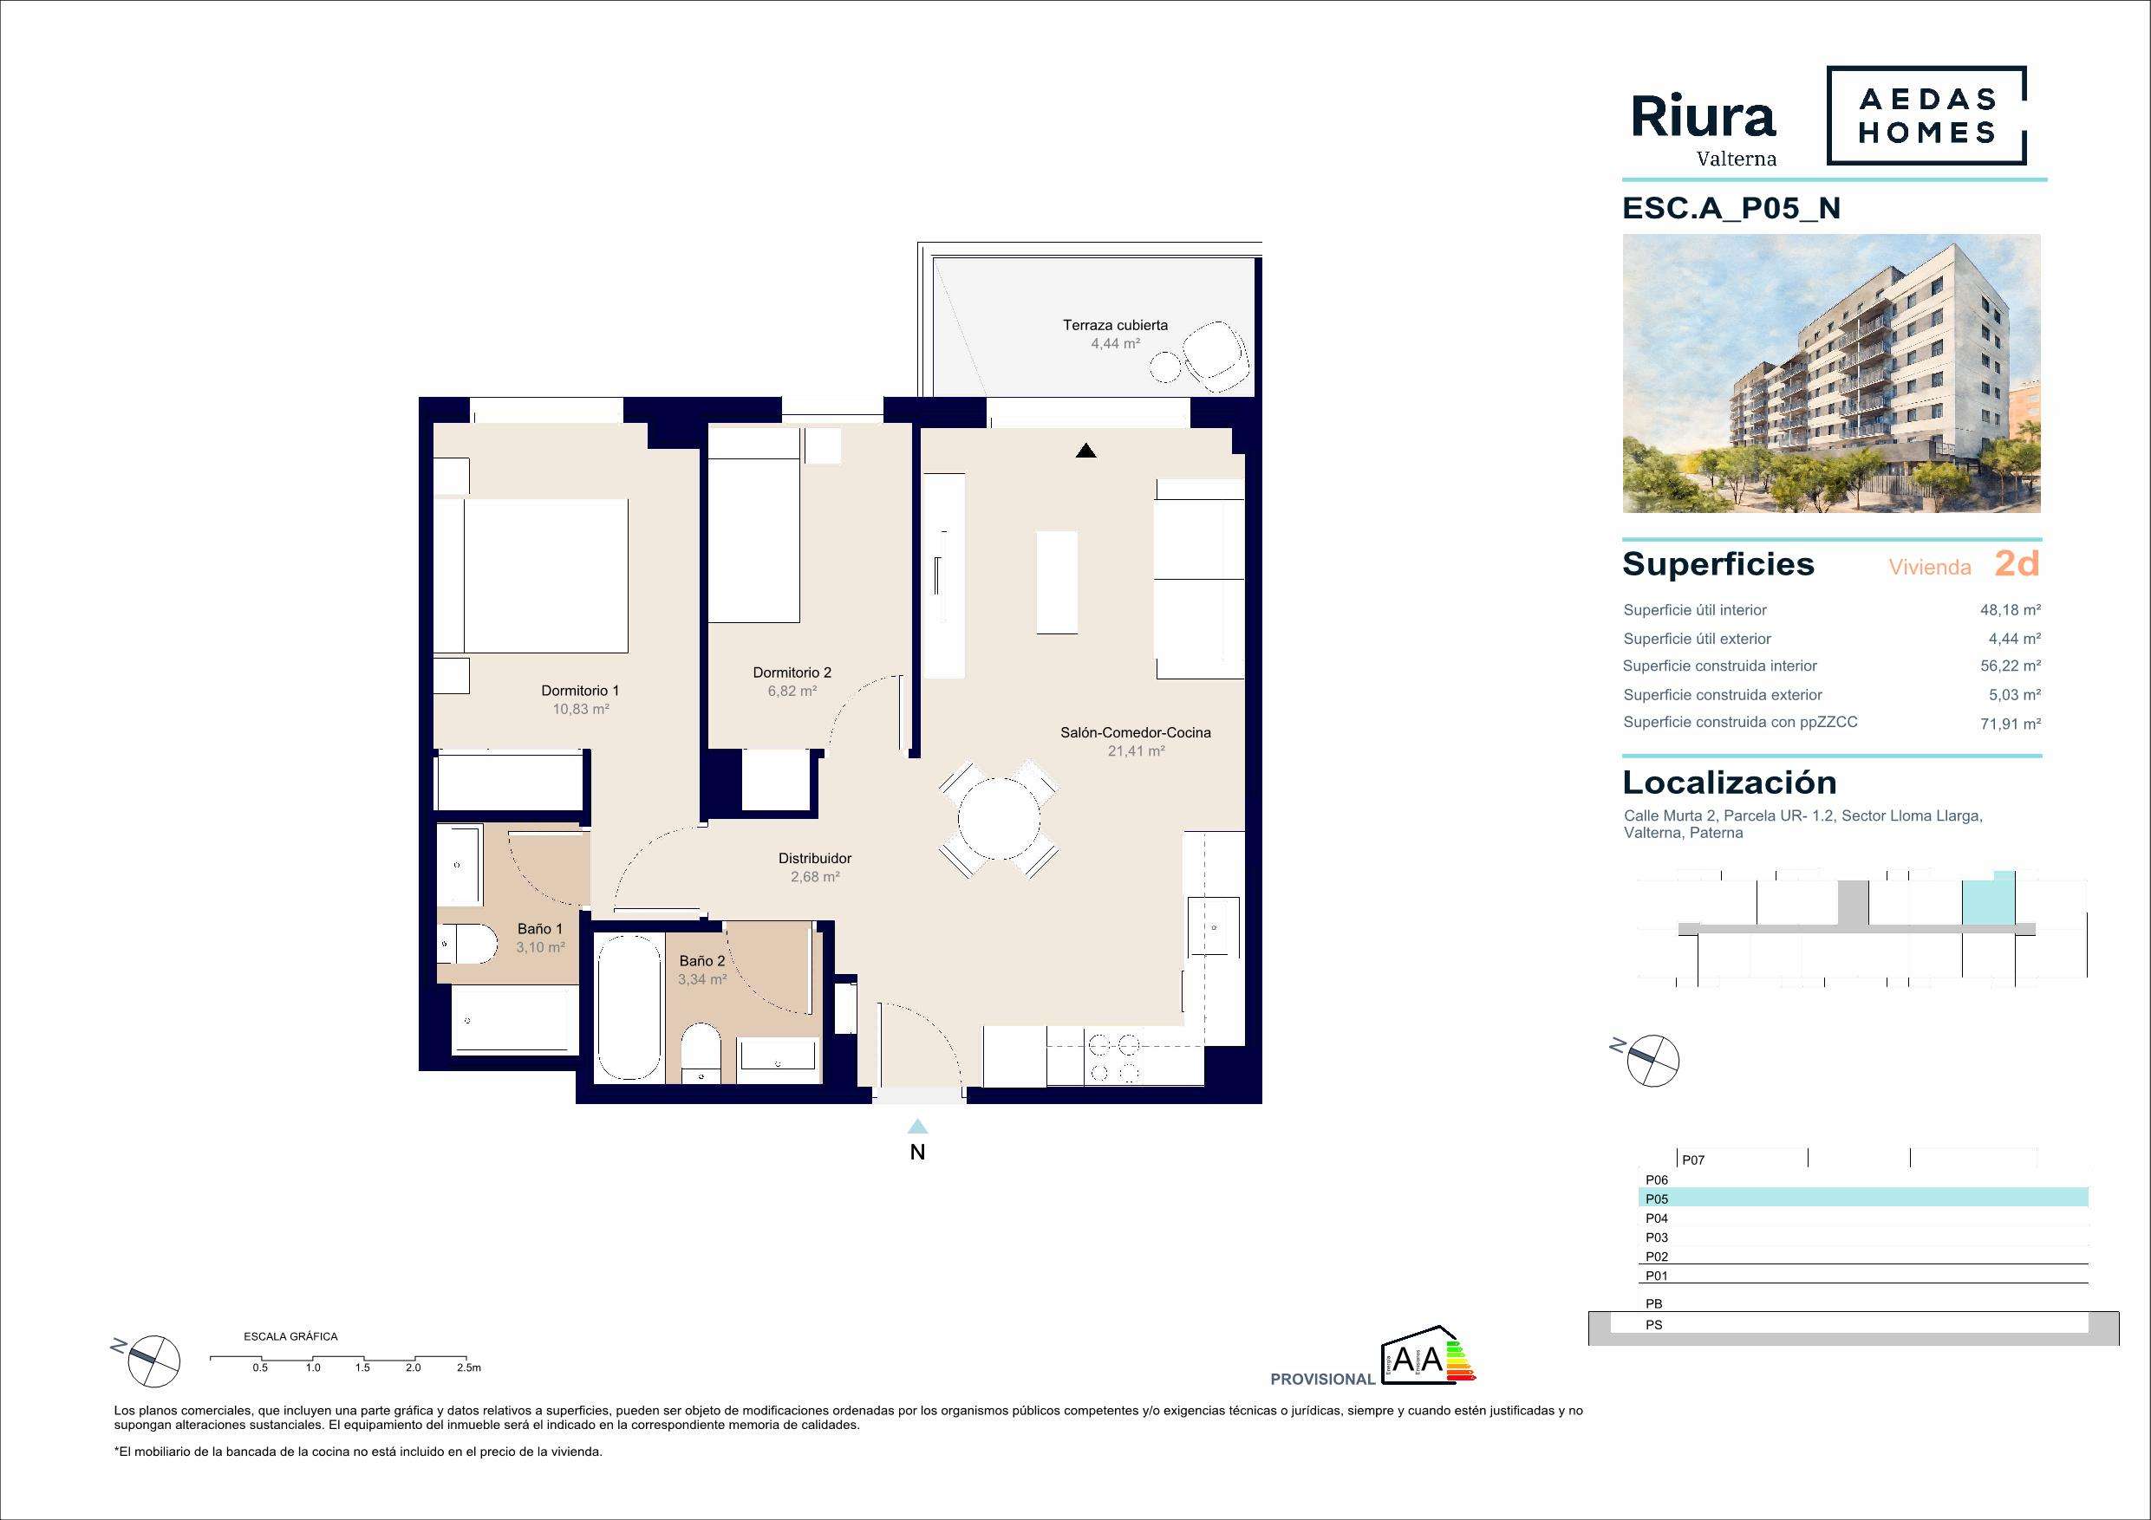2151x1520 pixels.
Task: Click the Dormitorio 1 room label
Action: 580,690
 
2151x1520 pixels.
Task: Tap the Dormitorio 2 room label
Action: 792,672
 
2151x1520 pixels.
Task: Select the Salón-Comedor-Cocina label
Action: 1136,732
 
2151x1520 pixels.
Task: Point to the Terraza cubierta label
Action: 1115,325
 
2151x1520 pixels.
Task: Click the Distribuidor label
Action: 815,858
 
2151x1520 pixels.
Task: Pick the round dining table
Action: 999,819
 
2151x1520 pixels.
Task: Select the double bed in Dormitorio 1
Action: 531,575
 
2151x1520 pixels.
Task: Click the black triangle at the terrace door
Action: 1085,451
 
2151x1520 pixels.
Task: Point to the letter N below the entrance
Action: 917,1153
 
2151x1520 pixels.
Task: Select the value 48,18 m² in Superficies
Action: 2011,610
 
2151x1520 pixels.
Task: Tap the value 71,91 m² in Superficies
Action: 2011,723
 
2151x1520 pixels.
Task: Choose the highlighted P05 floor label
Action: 1656,1198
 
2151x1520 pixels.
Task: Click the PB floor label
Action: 1653,1303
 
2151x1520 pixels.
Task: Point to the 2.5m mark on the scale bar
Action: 468,1367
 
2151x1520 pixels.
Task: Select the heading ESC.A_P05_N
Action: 1731,208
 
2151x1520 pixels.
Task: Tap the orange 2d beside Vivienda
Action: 2017,564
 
